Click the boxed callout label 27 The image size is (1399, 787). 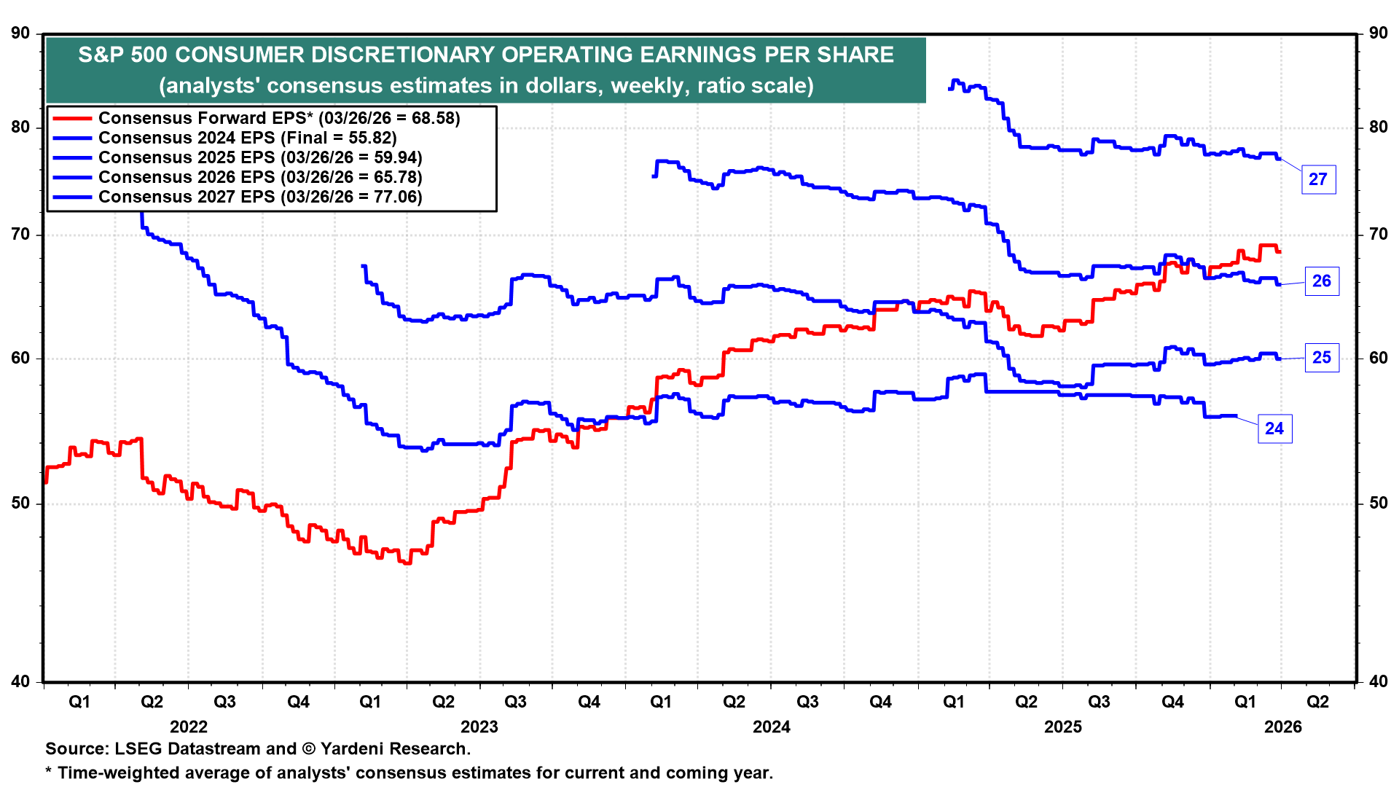[x=1318, y=179]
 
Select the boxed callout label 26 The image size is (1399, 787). [x=1321, y=281]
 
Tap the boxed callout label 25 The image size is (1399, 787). [x=1321, y=358]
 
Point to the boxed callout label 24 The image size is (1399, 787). [x=1274, y=428]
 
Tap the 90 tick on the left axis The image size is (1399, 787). [x=21, y=34]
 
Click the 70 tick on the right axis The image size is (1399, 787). [x=1378, y=235]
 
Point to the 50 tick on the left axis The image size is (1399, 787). [x=21, y=504]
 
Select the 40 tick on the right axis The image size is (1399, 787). [x=1378, y=682]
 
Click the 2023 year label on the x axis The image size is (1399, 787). [x=479, y=727]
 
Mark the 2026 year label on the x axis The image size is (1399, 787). [x=1282, y=727]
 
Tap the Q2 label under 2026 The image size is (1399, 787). [x=1317, y=702]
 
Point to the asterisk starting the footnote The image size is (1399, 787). [x=49, y=772]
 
